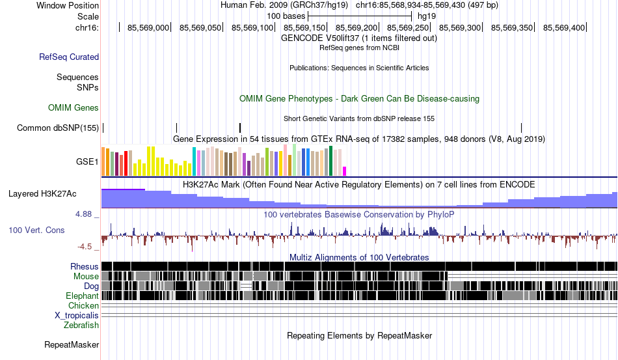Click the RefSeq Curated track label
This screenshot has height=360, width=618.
[69, 57]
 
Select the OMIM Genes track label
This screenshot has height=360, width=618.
[74, 107]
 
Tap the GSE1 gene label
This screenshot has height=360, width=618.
[87, 161]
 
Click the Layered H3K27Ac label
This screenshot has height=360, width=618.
[42, 193]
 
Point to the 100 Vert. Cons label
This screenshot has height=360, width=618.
[36, 230]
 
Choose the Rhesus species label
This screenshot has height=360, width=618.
[85, 266]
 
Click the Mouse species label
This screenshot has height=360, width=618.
[86, 277]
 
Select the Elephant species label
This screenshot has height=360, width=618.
[82, 296]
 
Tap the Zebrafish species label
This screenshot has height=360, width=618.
[81, 325]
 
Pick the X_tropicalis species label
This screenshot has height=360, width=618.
[77, 316]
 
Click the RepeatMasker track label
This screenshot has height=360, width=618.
[72, 344]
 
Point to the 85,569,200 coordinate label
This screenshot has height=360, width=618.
[356, 27]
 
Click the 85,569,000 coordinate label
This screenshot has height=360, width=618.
[148, 27]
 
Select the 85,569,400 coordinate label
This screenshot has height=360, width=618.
[564, 27]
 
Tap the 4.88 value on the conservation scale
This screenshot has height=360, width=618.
[83, 214]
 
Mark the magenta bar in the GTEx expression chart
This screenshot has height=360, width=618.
[345, 171]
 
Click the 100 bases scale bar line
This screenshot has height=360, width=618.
[360, 16]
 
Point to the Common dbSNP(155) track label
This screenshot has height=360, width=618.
[57, 128]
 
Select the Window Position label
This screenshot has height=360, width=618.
[68, 5]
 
